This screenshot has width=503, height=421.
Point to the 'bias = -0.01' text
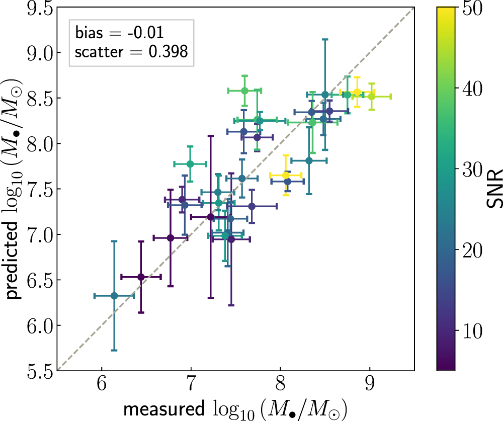point(119,33)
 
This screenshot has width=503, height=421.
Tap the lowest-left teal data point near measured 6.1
point(114,296)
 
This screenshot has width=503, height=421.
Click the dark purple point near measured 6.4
point(141,277)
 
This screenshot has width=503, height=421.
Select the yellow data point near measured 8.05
point(286,175)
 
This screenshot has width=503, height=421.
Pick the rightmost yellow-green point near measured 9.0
point(371,96)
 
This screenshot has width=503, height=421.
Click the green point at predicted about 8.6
point(244,91)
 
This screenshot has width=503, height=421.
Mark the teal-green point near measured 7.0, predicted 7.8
point(190,164)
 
